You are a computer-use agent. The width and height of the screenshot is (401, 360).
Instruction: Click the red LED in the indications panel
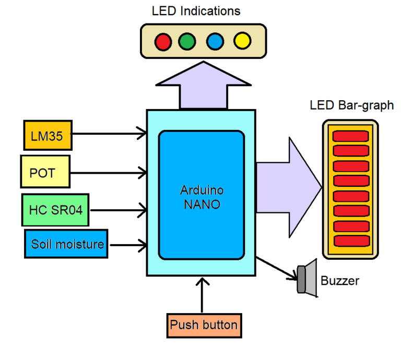point(164,41)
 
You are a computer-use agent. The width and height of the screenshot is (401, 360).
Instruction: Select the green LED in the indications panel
point(187,41)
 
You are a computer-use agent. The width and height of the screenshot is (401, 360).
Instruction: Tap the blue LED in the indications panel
point(215,41)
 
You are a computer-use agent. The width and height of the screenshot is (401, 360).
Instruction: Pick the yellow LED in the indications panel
point(242,41)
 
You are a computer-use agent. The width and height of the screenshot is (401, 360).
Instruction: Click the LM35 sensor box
point(47,135)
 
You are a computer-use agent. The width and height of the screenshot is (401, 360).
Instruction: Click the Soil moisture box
point(66,244)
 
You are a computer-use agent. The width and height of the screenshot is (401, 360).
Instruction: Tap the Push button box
point(204,326)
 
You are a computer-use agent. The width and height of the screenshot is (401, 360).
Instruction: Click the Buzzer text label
point(340,281)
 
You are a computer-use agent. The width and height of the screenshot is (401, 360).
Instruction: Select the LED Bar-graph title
point(352,106)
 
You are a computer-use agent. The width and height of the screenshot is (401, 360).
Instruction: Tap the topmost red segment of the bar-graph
point(351,135)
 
